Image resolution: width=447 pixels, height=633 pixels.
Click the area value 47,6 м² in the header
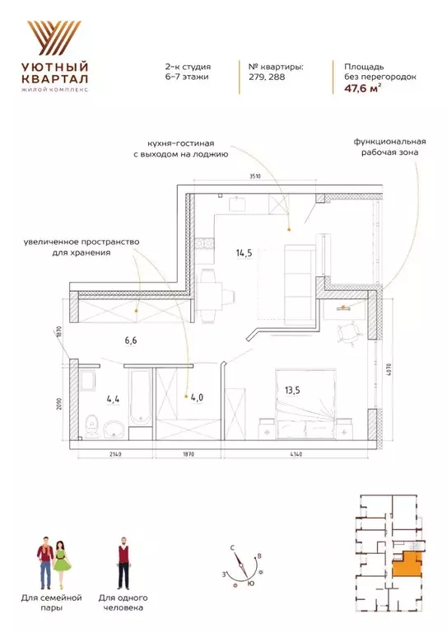pos(362,88)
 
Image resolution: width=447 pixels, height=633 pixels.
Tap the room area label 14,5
pos(244,253)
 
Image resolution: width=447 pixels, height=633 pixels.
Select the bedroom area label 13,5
pos(292,391)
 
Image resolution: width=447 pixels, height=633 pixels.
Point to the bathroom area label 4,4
pos(113,400)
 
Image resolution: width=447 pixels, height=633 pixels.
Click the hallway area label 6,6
pos(131,340)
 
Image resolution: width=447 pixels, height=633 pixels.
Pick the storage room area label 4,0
pos(197,397)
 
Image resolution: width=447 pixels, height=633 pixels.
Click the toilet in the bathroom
pos(93,426)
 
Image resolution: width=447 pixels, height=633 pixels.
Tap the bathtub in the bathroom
pos(140,397)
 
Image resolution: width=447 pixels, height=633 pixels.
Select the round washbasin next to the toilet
pos(115,429)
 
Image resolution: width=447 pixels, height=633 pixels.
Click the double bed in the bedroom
pos(305,404)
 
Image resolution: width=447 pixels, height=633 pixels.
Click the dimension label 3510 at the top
pos(255,176)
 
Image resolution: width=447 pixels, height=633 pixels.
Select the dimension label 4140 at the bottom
pos(296,454)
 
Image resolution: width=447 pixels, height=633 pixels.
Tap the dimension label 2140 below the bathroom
pos(115,454)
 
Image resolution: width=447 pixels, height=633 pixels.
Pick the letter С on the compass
pos(233,548)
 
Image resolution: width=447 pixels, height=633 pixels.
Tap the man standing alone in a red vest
pos(123,563)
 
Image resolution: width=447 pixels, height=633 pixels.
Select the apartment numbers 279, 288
pos(267,77)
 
